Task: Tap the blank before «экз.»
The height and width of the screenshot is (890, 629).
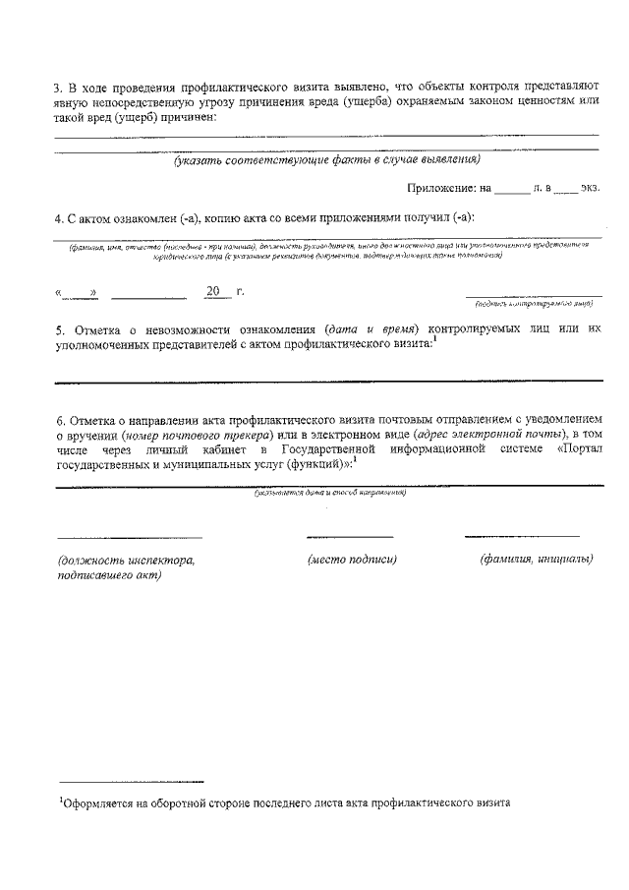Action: (x=566, y=188)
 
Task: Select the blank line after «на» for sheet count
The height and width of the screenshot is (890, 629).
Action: (x=511, y=188)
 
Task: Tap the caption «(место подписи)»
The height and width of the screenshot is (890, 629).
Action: (x=352, y=559)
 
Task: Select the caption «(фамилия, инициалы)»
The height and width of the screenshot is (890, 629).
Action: (x=536, y=559)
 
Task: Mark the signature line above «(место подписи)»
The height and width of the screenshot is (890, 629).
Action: (x=350, y=537)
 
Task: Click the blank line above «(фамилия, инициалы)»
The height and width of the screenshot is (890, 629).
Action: (x=522, y=537)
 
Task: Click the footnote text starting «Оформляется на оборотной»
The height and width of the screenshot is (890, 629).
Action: (x=285, y=802)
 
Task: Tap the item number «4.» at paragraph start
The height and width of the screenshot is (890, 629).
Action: (x=59, y=216)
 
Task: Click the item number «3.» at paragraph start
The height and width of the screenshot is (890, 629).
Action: (x=59, y=86)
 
